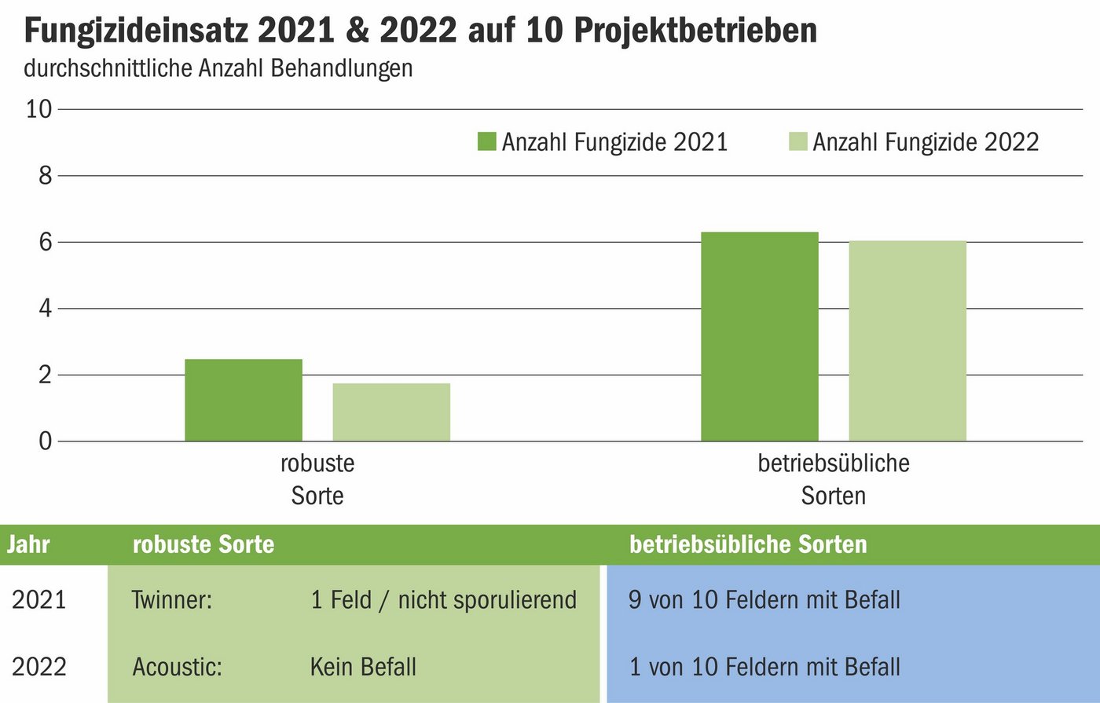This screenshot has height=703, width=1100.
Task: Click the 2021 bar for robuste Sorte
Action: coord(244,400)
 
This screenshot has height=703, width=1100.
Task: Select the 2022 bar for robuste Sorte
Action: coord(391,412)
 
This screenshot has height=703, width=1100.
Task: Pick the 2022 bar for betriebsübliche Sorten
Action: coord(907,341)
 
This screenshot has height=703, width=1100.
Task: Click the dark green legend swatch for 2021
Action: coord(486,142)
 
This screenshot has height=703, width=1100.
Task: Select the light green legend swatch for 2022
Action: coord(797,142)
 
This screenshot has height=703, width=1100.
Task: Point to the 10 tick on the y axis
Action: coord(38,109)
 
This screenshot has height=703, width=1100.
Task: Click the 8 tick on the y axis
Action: coord(45,175)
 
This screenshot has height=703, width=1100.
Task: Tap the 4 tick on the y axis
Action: coord(45,308)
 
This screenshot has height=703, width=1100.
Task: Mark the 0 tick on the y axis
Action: coord(45,441)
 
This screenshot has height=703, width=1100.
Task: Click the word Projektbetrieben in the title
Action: coord(695,31)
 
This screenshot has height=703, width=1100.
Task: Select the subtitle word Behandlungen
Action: coord(342,68)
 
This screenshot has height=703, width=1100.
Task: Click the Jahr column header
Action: coord(28,544)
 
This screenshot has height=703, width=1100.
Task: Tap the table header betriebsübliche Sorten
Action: coord(748,544)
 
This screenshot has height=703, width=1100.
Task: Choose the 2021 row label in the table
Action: coord(39,600)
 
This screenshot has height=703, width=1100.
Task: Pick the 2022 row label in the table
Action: coord(39,667)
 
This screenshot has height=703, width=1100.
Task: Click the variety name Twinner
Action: coord(172,600)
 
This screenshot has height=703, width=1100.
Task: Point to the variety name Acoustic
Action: coord(177,667)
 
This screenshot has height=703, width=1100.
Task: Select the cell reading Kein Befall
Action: coord(363,667)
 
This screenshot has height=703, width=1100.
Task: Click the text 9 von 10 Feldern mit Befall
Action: coord(764,600)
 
